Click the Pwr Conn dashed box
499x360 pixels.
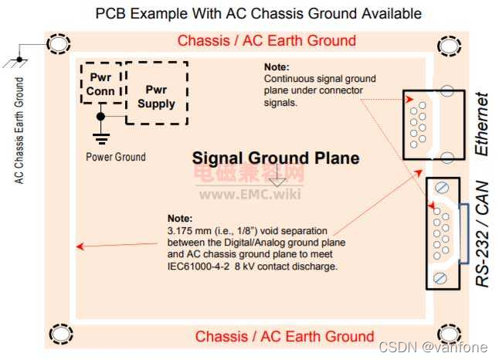click(101, 84)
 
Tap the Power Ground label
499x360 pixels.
click(115, 157)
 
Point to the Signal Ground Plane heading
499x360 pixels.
click(276, 158)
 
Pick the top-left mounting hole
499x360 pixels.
click(59, 46)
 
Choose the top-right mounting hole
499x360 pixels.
click(448, 46)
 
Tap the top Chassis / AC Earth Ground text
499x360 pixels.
click(266, 40)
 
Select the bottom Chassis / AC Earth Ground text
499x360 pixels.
click(284, 337)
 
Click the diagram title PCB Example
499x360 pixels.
click(259, 13)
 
